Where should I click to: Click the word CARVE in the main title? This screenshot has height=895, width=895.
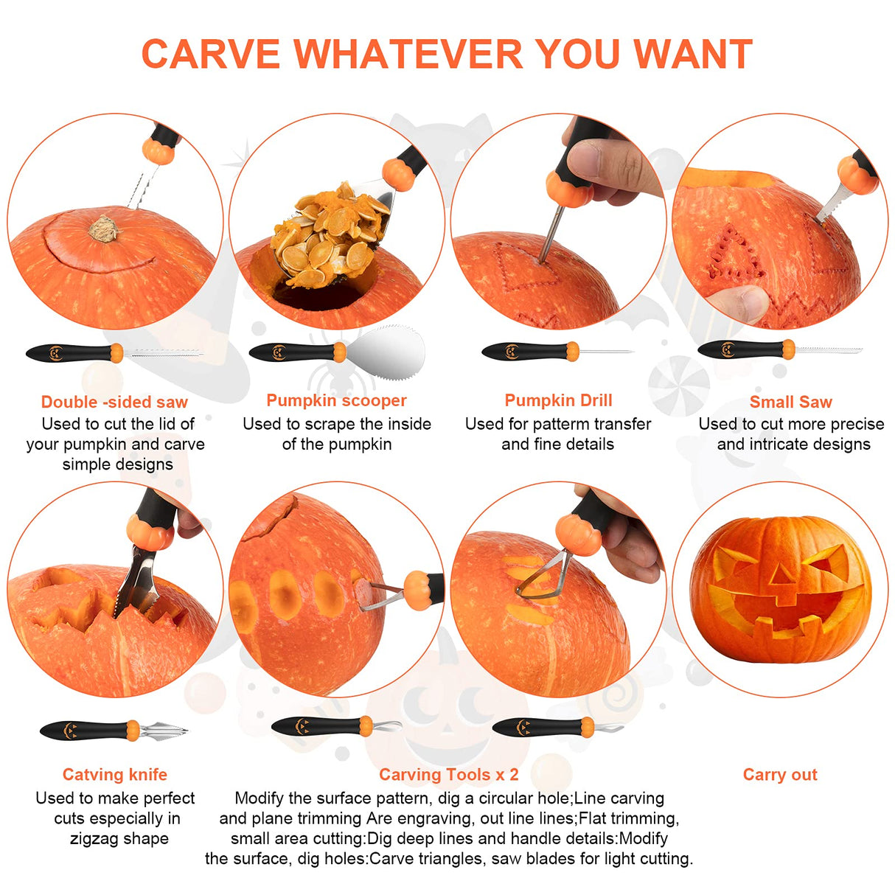[x=211, y=55]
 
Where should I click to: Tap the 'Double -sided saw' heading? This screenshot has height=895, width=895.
[x=114, y=402]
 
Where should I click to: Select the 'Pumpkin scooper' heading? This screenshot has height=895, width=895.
[x=336, y=400]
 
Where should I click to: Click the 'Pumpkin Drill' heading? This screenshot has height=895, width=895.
[x=558, y=400]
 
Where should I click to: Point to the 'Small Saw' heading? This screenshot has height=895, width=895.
[x=790, y=402]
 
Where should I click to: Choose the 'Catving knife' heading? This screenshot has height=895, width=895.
[x=114, y=774]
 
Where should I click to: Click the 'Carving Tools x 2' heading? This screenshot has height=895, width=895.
[x=448, y=774]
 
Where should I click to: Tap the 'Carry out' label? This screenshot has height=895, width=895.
[x=780, y=774]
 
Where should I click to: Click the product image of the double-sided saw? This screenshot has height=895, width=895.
[x=114, y=353]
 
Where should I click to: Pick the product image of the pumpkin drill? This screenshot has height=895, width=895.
[x=557, y=351]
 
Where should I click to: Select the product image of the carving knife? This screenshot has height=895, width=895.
[x=114, y=731]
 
